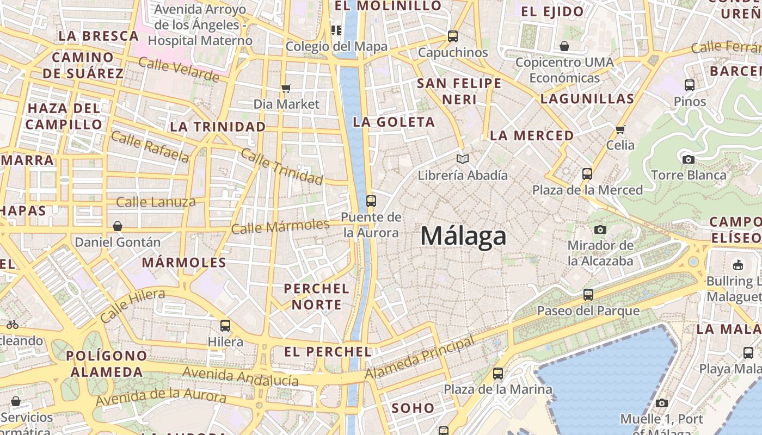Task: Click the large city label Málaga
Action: tap(463, 236)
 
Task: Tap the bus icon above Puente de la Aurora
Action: tap(371, 201)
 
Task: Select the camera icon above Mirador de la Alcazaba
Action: tap(600, 229)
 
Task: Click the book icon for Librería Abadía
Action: tap(463, 159)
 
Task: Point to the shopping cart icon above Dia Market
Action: tap(286, 88)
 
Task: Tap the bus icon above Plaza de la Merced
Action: tap(587, 174)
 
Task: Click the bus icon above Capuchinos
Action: tap(453, 36)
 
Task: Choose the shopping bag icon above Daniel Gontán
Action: tap(118, 226)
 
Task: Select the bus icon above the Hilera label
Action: tap(225, 326)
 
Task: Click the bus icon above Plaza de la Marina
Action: tap(498, 374)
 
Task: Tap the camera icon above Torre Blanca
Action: tap(689, 159)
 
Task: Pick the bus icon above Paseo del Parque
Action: tap(588, 295)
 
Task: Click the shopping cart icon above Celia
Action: tap(620, 129)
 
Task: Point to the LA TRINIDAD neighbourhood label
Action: tap(218, 127)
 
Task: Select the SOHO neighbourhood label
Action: tap(413, 408)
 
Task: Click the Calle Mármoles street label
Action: tap(280, 227)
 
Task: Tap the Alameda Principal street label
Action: tap(420, 358)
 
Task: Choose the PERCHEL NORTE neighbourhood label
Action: tap(316, 296)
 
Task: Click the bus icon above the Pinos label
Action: tap(690, 85)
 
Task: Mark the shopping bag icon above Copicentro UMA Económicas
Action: tap(564, 46)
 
